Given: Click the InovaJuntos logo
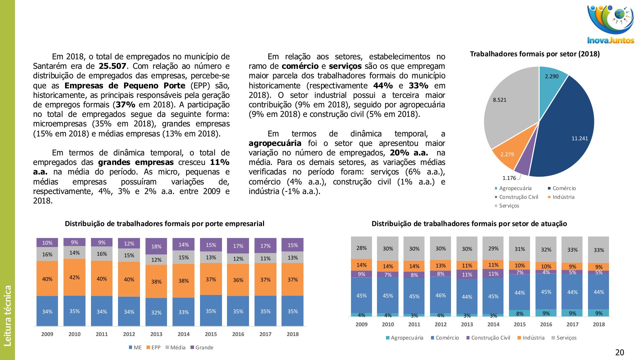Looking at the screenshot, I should [x=610, y=25].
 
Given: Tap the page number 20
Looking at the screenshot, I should [x=619, y=352].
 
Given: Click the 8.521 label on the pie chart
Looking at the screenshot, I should [x=499, y=100].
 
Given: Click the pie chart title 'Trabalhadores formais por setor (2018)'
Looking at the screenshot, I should [x=535, y=54].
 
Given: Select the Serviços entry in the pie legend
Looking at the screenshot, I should [x=509, y=206].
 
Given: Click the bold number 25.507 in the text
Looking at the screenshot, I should [x=112, y=66].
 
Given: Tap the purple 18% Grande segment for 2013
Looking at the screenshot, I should [x=156, y=247].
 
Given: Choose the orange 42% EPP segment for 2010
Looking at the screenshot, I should [x=74, y=277].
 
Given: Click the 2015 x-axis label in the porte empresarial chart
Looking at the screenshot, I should [x=211, y=334].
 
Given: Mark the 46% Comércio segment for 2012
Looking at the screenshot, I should [x=440, y=295].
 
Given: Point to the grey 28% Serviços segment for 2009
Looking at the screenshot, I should [x=361, y=248].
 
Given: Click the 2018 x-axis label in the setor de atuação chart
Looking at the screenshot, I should [x=599, y=324].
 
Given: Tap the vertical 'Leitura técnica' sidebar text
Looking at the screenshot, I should [x=7, y=315].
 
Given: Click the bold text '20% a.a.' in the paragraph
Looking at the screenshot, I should [x=409, y=153].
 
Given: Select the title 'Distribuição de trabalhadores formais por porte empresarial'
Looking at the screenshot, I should [x=164, y=224].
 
